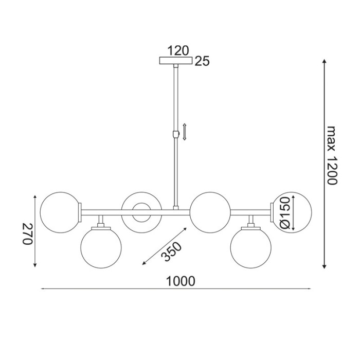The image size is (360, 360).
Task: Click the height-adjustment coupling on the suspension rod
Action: coord(176,135)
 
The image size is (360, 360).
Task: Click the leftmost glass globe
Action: coord(60,210)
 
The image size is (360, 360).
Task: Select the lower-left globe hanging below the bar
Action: coord(101,247)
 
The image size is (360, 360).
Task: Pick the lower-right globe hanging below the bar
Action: coord(251,247)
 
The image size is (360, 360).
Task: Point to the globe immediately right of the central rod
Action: coord(210,210)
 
